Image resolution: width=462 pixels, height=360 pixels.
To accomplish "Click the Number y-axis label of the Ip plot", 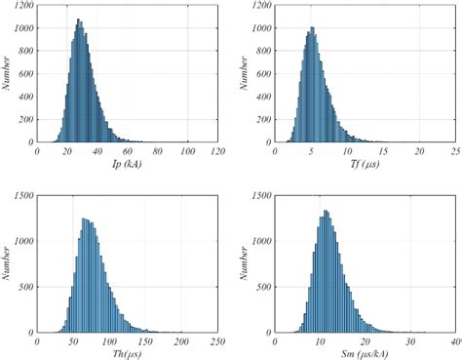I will [7, 72].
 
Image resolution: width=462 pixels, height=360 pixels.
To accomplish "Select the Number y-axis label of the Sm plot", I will [248, 261].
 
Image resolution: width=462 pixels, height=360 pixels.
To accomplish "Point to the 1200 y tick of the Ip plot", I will [23, 6].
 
